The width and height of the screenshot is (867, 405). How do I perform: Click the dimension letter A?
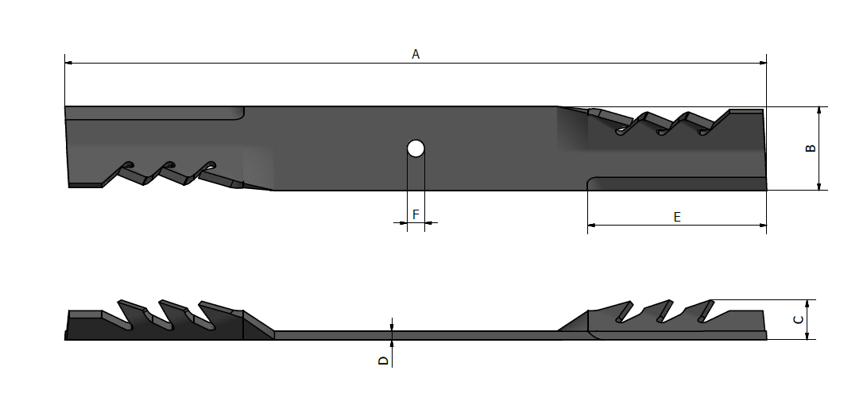coord(415,54)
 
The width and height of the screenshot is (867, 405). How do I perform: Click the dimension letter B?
coord(810,148)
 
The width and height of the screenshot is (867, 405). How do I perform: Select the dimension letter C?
coord(799,320)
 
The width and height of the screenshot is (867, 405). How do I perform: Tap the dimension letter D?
coord(383,361)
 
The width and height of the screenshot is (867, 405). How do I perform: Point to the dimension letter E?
coord(676,217)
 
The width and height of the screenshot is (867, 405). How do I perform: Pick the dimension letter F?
coord(416,215)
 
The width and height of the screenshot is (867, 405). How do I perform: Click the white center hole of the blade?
coord(416,148)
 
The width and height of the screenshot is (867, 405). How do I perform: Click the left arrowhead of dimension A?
coord(69,62)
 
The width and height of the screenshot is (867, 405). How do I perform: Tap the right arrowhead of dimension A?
coord(762,62)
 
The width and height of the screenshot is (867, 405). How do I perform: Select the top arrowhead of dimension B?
coord(819,110)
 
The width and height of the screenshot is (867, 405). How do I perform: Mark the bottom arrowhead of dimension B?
coord(819,186)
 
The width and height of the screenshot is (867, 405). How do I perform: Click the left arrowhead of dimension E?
coord(592,226)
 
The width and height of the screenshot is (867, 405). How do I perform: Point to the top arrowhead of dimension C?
coord(808,304)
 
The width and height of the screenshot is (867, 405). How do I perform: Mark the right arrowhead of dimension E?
coord(762,226)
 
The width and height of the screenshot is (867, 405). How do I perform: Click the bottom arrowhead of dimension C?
coord(808,336)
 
